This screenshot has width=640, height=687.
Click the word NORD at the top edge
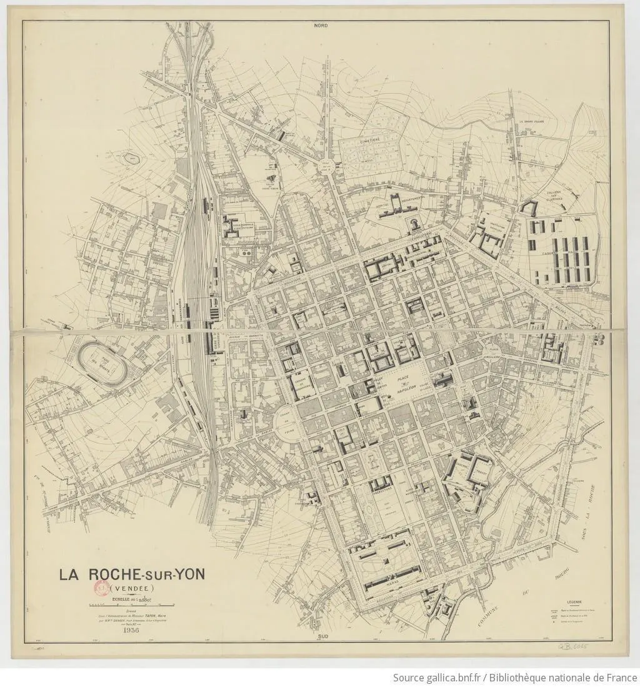click(321, 26)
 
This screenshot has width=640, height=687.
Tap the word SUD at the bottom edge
click(322, 636)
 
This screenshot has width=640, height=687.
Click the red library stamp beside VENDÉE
click(100, 588)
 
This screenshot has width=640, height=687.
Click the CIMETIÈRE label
click(369, 141)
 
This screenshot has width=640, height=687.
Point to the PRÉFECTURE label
click(382, 490)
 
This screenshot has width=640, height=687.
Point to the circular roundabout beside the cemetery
click(326, 165)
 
